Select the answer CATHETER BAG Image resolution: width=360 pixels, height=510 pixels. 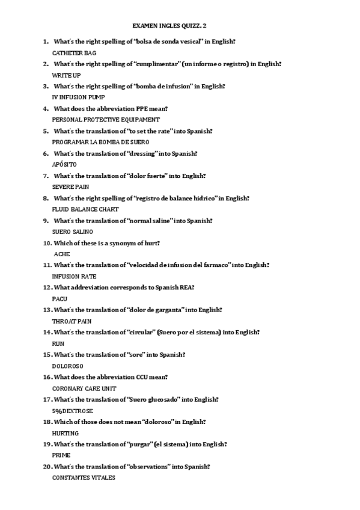(74, 53)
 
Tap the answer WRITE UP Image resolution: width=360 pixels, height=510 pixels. (66, 75)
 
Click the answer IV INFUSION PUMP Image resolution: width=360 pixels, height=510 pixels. (78, 97)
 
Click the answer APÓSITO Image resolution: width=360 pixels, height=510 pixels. (65, 164)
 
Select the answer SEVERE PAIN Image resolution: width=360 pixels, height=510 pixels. (71, 186)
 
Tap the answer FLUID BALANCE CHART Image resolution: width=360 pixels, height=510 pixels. (85, 209)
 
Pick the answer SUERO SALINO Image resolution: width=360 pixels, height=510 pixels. (73, 232)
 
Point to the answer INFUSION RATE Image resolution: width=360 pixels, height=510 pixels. (74, 276)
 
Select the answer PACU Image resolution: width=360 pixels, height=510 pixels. (59, 299)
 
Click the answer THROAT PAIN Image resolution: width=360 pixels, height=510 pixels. (71, 321)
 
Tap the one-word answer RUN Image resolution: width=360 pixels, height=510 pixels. (58, 343)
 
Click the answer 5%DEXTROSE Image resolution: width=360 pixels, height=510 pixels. (72, 411)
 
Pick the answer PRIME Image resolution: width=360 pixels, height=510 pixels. (61, 455)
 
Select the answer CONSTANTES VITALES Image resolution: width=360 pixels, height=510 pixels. (84, 478)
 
